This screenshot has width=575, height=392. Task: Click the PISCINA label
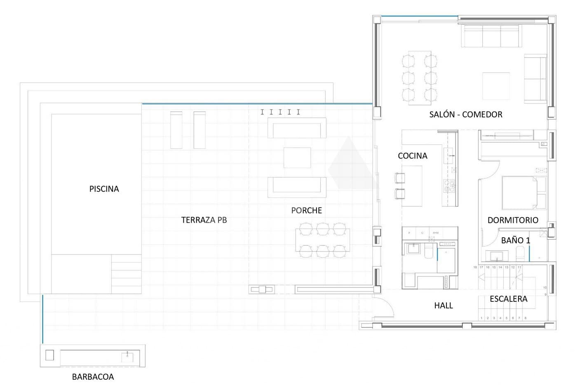click(x=104, y=189)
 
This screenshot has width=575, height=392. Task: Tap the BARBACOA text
click(x=93, y=377)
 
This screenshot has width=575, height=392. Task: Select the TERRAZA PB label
click(x=204, y=220)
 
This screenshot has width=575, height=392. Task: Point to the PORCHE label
click(x=306, y=210)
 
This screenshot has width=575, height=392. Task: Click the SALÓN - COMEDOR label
click(x=466, y=114)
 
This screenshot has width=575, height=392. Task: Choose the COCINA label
click(x=412, y=156)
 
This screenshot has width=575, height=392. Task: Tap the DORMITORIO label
click(x=513, y=220)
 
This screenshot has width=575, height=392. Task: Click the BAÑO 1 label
click(x=515, y=240)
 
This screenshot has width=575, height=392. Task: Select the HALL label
click(x=444, y=306)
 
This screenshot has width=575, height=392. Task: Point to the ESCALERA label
click(x=508, y=299)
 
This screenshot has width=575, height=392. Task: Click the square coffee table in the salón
click(x=496, y=86)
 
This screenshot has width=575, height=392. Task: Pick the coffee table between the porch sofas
click(x=297, y=157)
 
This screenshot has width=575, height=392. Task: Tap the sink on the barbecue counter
click(x=127, y=356)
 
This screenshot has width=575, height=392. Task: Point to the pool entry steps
click(x=127, y=273)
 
